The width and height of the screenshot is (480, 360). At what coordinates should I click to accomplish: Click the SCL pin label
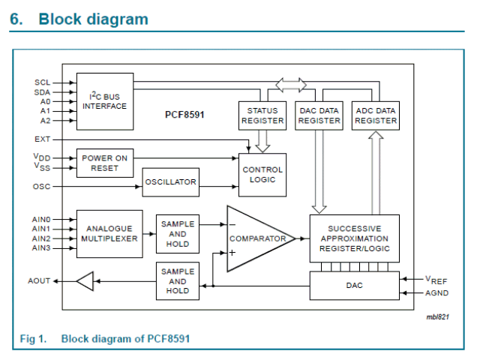pos(42,82)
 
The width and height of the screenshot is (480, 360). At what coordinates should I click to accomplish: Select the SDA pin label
pos(42,91)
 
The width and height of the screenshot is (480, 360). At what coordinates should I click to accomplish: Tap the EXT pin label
pos(42,139)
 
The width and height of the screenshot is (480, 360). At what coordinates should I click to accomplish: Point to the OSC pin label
pos(42,186)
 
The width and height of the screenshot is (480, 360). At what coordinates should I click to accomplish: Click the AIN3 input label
pos(41,247)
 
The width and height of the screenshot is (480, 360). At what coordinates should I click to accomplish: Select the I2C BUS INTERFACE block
pos(105,100)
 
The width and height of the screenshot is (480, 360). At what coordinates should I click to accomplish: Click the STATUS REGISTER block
pos(262,115)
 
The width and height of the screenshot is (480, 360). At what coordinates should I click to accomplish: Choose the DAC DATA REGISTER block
pos(319,115)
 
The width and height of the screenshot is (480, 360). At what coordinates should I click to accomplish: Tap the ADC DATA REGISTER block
pos(376,115)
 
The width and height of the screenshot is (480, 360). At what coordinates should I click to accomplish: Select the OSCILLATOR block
pos(170,182)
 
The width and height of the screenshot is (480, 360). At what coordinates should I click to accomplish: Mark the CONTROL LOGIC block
pos(262,175)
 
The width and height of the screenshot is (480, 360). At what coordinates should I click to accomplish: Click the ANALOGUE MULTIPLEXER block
pos(109,233)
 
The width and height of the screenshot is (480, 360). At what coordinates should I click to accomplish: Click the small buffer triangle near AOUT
pos(85,282)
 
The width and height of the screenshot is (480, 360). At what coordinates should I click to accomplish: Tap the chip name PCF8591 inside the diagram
pos(184,115)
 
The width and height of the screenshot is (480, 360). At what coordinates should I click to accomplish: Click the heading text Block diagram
pos(93,19)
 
